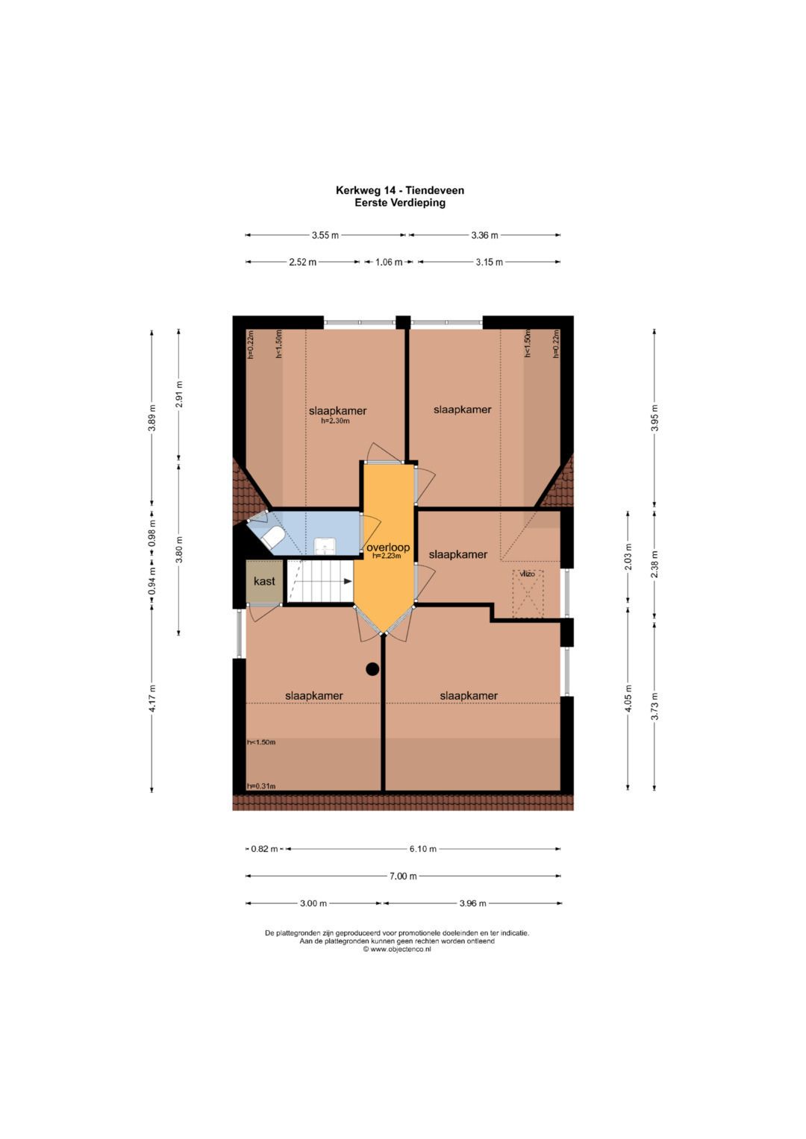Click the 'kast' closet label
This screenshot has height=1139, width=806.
pyautogui.click(x=264, y=580)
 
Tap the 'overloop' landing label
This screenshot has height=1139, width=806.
pyautogui.click(x=388, y=547)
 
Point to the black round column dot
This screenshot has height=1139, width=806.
pyautogui.click(x=372, y=669)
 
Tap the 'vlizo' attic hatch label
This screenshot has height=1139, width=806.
pyautogui.click(x=527, y=574)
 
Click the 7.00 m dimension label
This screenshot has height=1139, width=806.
pyautogui.click(x=403, y=876)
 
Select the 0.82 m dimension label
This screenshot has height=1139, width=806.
pyautogui.click(x=265, y=849)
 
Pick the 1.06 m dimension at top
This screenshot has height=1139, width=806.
pyautogui.click(x=389, y=263)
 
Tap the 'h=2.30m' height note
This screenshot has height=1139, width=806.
pyautogui.click(x=335, y=421)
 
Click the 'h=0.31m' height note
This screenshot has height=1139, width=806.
pyautogui.click(x=261, y=786)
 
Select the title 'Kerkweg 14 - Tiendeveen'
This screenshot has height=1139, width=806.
pyautogui.click(x=400, y=190)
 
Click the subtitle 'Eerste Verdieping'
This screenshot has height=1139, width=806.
pyautogui.click(x=400, y=202)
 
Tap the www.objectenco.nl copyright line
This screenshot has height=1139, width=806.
pyautogui.click(x=397, y=950)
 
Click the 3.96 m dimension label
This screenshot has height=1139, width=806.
pyautogui.click(x=472, y=903)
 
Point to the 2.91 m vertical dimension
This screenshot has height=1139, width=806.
pyautogui.click(x=178, y=394)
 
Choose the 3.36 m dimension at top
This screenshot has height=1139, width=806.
pyautogui.click(x=484, y=236)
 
